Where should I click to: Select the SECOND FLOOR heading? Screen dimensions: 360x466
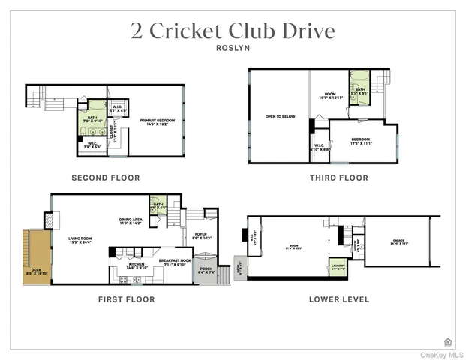click(105, 178)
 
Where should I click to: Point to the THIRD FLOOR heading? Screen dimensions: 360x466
click(339, 178)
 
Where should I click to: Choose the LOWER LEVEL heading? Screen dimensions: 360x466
click(339, 299)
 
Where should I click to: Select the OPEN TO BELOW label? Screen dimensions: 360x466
click(279, 117)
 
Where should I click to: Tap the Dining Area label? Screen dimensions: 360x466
click(131, 221)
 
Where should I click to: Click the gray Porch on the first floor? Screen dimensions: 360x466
click(205, 269)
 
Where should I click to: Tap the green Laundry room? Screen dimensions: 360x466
click(338, 267)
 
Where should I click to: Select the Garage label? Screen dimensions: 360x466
click(398, 242)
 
